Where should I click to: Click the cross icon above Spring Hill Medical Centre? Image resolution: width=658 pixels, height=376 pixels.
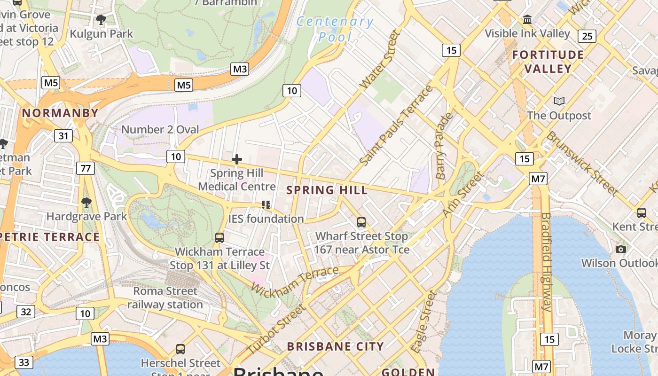pyautogui.click(x=237, y=159)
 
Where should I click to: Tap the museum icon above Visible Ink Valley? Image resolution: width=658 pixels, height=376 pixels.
pyautogui.click(x=527, y=20)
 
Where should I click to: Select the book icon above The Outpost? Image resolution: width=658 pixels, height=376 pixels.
pyautogui.click(x=559, y=102)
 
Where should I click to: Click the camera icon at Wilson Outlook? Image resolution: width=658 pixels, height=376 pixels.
pyautogui.click(x=621, y=249)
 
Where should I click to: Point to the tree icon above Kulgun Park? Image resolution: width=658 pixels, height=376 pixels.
pyautogui.click(x=101, y=20)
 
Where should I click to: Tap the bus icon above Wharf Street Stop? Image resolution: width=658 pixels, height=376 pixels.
pyautogui.click(x=361, y=222)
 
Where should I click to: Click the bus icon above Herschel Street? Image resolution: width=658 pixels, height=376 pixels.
pyautogui.click(x=180, y=349)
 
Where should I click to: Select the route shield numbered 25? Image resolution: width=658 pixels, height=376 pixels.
pyautogui.click(x=587, y=36)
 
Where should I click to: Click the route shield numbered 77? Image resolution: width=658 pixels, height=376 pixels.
pyautogui.click(x=85, y=168)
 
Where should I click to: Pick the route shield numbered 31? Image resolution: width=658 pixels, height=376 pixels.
pyautogui.click(x=63, y=136)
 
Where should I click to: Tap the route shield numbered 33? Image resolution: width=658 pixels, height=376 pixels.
pyautogui.click(x=24, y=362)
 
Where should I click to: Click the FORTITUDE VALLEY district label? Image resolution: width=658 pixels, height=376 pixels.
pyautogui.click(x=548, y=62)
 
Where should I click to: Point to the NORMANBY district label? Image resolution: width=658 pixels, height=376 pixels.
pyautogui.click(x=60, y=113)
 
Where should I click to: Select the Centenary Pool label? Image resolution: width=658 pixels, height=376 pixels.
pyautogui.click(x=335, y=29)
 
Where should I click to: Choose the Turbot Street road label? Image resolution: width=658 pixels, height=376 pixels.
pyautogui.click(x=275, y=329)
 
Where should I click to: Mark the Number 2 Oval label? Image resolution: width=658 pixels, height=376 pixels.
pyautogui.click(x=160, y=129)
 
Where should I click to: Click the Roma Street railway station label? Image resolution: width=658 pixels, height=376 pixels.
pyautogui.click(x=165, y=298)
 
